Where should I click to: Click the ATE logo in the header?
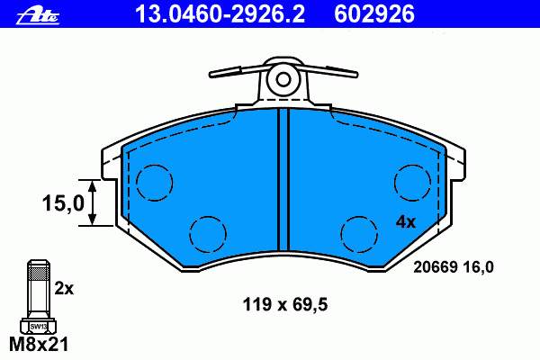(x=38, y=15)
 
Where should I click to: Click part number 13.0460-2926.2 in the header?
(x=220, y=14)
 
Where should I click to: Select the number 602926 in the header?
(x=374, y=14)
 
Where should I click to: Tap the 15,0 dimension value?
(x=63, y=202)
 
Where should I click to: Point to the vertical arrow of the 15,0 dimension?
(x=92, y=202)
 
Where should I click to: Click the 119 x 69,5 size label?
(x=285, y=305)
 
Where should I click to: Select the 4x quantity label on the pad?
(x=406, y=222)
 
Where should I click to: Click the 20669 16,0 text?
(x=454, y=267)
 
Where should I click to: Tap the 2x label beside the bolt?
(x=64, y=289)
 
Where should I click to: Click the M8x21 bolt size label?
(x=39, y=344)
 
